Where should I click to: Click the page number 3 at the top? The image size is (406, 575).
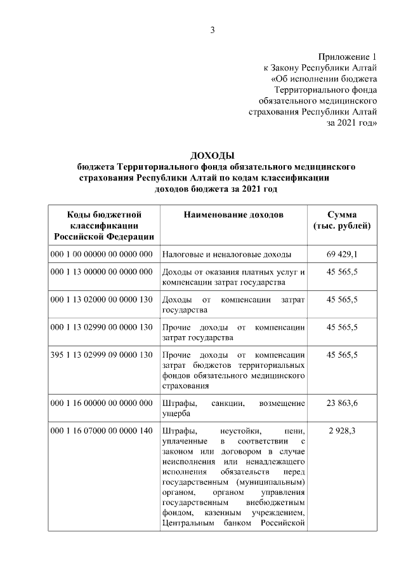[213, 29]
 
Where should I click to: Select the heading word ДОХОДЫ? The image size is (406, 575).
[213, 156]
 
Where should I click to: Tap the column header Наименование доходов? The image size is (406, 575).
[233, 215]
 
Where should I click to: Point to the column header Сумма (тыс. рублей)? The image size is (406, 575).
[342, 220]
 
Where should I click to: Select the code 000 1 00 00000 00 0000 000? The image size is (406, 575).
[101, 254]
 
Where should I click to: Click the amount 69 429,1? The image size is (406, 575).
[342, 254]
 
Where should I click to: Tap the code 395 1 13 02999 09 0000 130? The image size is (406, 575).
[101, 354]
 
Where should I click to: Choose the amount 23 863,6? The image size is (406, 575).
[342, 403]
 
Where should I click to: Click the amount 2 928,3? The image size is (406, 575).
[342, 431]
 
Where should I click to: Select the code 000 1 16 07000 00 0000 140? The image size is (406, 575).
[101, 431]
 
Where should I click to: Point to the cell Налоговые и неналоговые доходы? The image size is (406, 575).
[226, 254]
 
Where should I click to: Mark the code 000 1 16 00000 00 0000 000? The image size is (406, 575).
[101, 403]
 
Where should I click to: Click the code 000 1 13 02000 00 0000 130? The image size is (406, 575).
[101, 299]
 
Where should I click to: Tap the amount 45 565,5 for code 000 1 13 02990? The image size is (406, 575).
[342, 327]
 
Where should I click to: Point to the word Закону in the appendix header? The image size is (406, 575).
[287, 67]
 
